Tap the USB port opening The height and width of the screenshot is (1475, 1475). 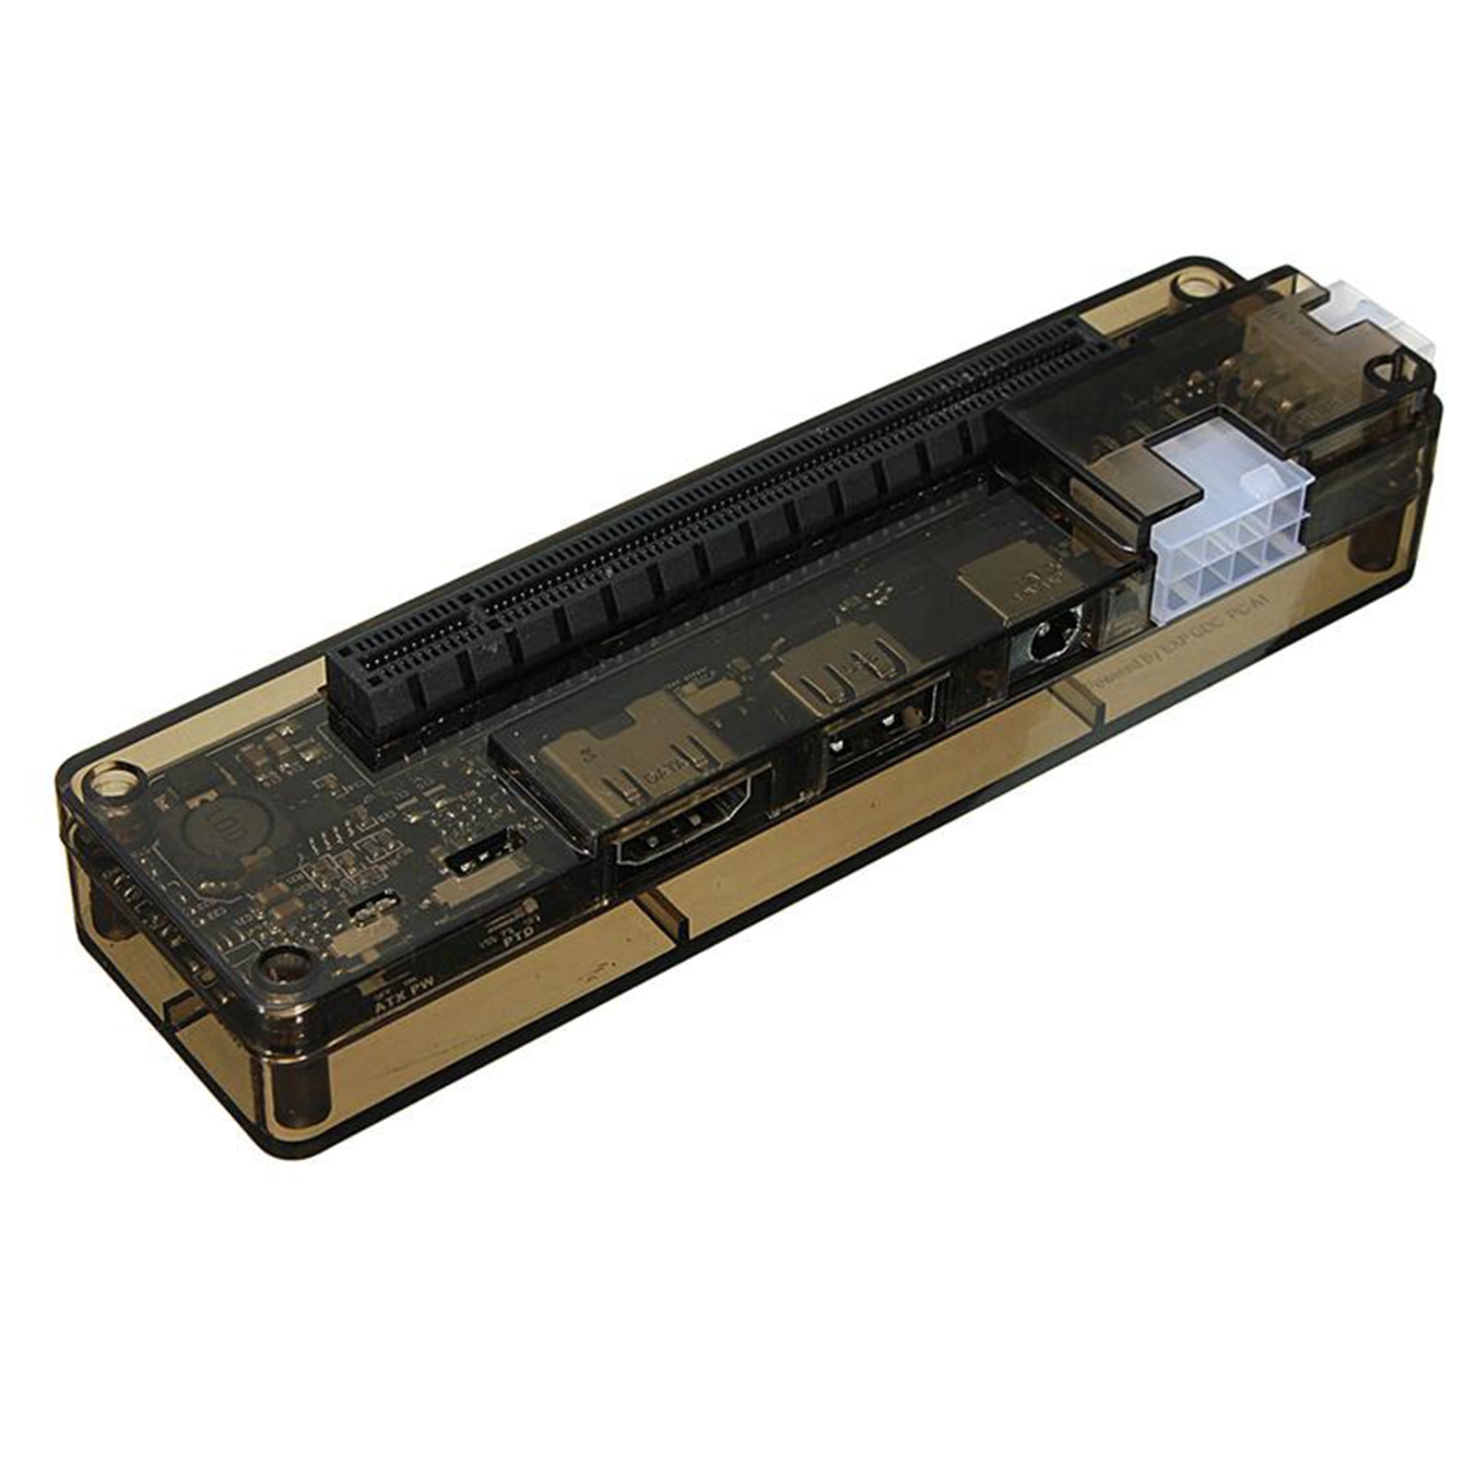pos(876,728)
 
